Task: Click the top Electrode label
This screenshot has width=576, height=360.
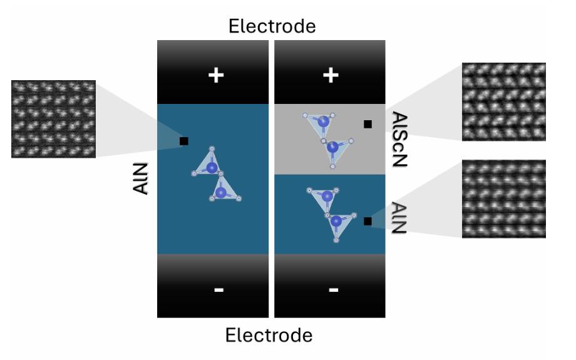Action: click(271, 26)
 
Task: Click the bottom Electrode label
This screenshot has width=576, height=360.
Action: click(269, 336)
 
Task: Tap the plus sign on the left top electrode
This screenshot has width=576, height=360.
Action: click(215, 76)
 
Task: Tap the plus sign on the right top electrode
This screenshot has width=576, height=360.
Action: click(330, 76)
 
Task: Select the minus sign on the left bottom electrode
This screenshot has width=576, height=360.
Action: click(217, 290)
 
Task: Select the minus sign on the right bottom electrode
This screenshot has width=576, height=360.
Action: click(333, 290)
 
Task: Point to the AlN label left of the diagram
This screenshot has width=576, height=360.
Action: click(143, 177)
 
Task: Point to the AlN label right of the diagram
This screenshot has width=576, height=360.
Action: click(399, 218)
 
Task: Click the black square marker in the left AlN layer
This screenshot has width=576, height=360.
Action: click(184, 141)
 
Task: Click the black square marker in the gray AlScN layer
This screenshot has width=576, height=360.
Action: click(368, 124)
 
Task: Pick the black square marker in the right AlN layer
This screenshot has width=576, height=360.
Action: click(368, 221)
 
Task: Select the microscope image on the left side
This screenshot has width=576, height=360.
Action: click(53, 118)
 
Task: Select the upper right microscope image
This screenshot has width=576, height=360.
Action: click(503, 101)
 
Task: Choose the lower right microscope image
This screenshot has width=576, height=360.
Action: click(503, 198)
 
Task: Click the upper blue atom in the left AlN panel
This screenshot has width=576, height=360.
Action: click(212, 168)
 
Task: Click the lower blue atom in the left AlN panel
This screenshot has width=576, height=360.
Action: click(220, 193)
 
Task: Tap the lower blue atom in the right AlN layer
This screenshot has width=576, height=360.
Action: click(336, 220)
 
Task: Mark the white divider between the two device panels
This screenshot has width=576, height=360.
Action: click(272, 178)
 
